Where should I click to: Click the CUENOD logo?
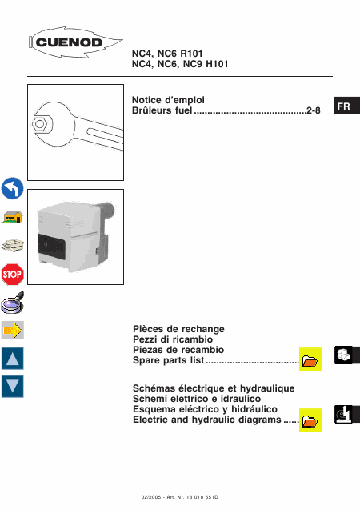75,42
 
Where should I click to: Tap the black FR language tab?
347,106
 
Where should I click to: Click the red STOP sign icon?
12,274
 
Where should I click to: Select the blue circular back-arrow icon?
12,188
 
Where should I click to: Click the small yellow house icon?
12,217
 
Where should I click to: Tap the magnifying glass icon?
12,303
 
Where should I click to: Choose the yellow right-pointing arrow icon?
12,330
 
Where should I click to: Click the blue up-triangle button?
12,359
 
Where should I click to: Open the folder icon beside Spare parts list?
310,359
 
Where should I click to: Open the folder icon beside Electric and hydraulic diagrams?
310,420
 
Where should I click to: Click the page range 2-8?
314,110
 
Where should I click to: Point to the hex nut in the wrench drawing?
40,124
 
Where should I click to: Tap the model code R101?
191,54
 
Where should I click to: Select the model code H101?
217,64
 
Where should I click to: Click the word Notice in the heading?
146,100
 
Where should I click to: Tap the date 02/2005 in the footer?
151,497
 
